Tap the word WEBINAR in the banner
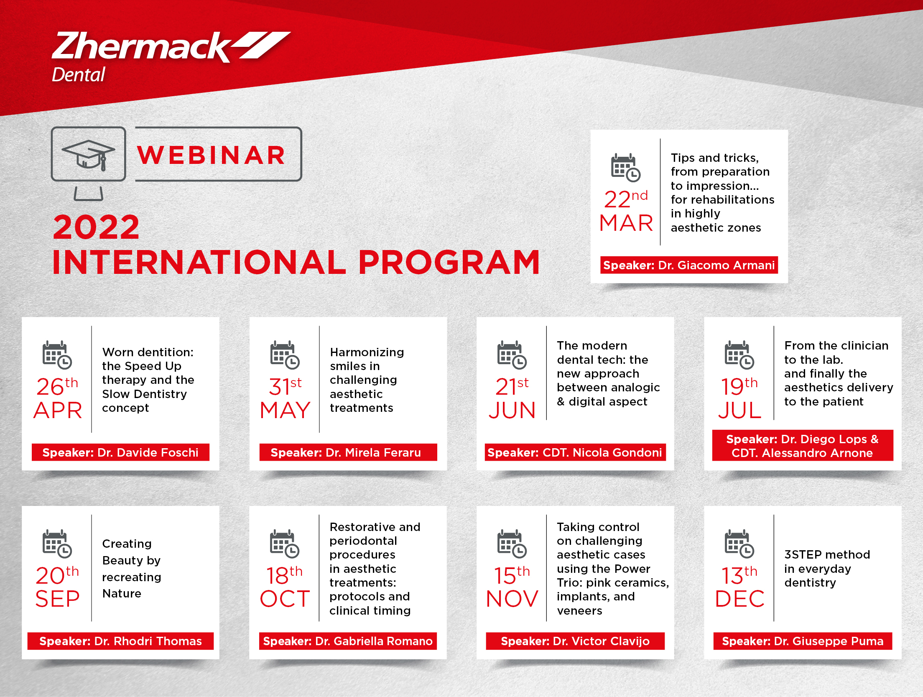[211, 155]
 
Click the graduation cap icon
[88, 155]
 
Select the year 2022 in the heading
[96, 227]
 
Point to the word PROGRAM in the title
[449, 262]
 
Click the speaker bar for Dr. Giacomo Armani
[689, 265]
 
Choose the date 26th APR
[58, 398]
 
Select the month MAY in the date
[285, 410]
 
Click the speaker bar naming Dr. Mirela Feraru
[348, 452]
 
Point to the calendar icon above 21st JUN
[512, 355]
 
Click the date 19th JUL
[739, 398]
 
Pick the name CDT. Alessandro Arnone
[802, 453]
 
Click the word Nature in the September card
[122, 594]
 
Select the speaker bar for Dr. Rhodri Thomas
[120, 641]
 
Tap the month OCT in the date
[285, 599]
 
